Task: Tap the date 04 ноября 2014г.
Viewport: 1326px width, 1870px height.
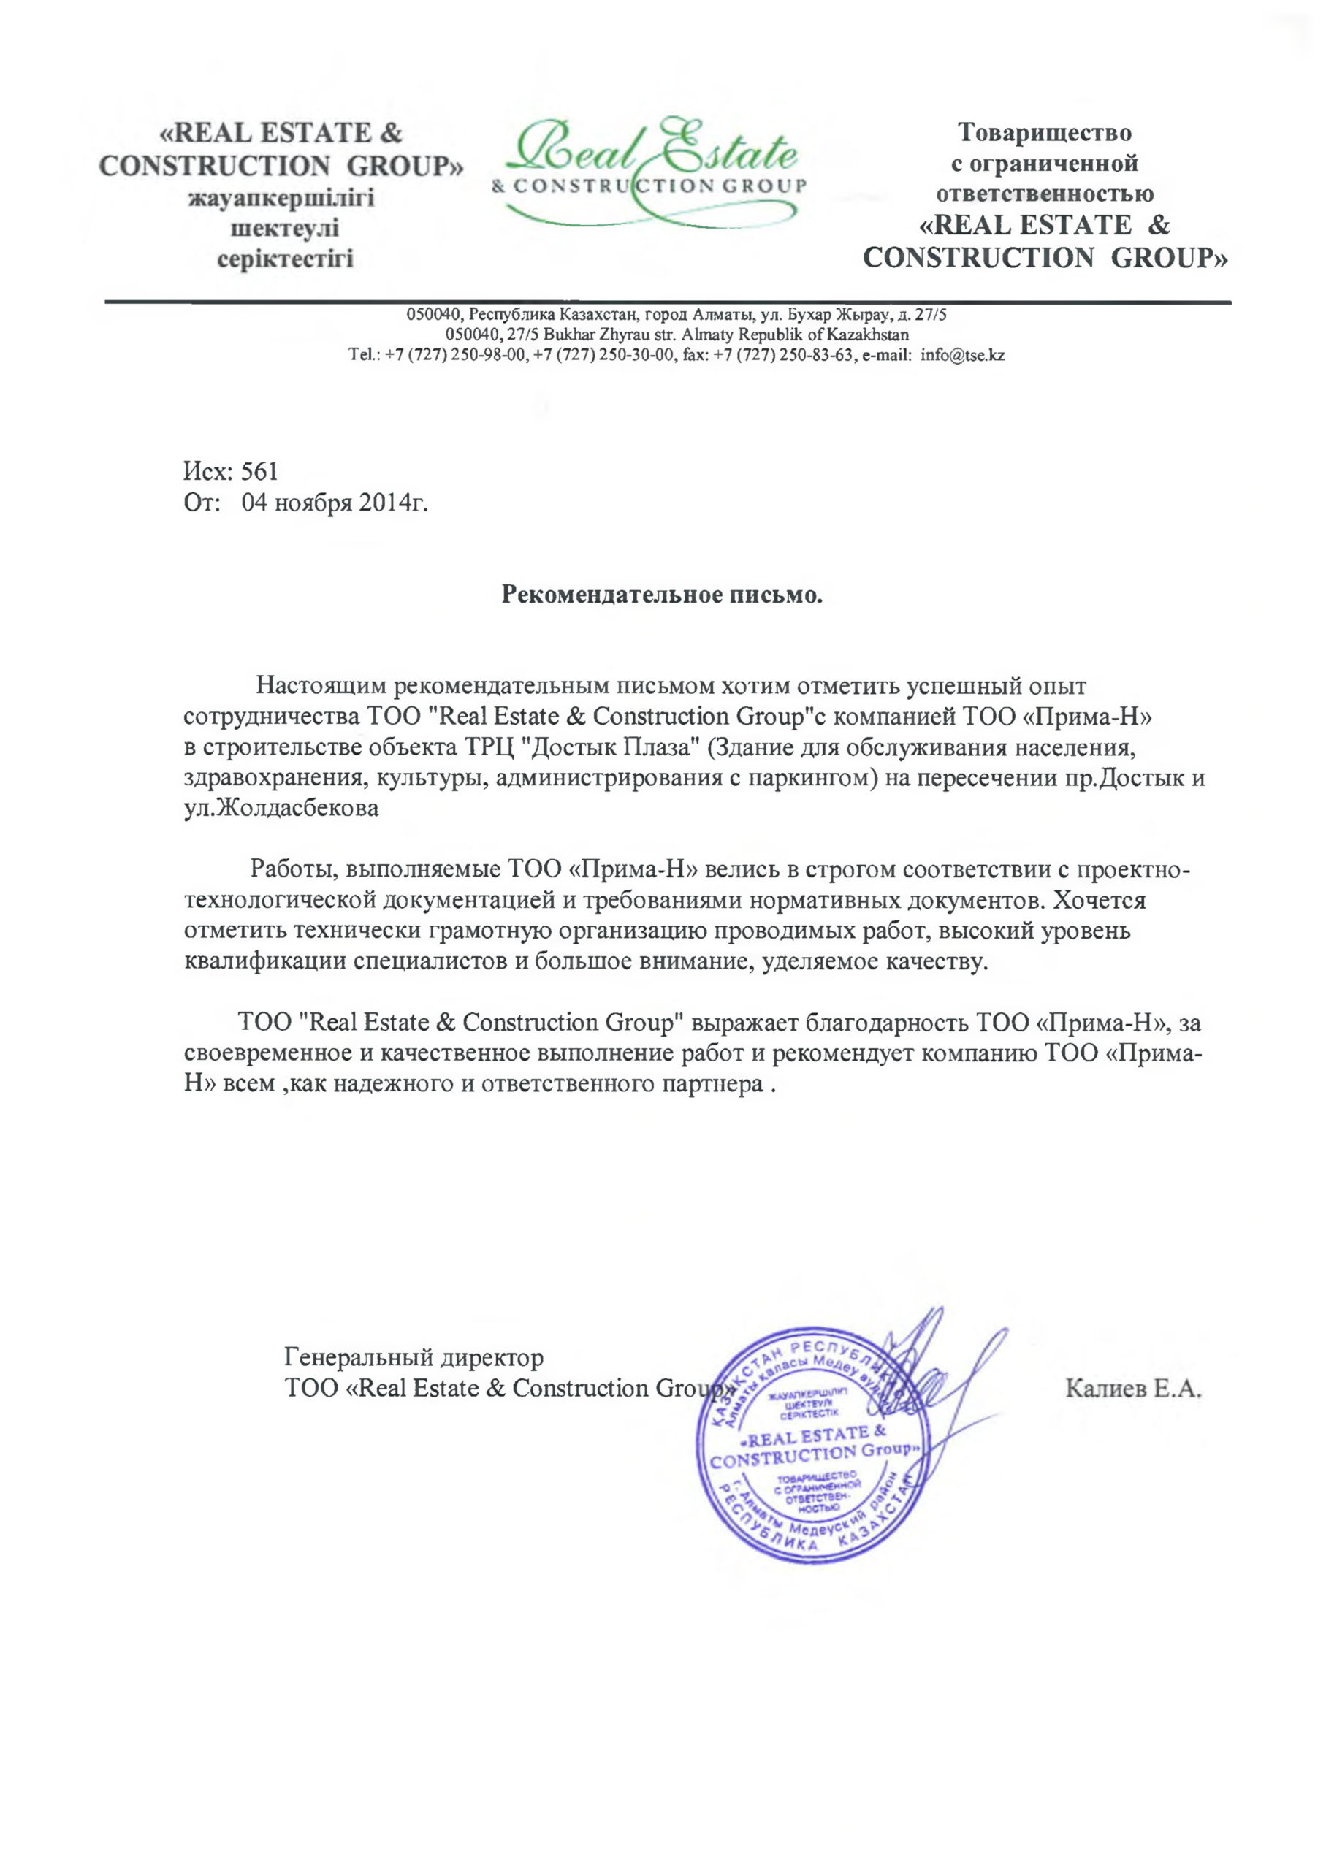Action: (x=335, y=503)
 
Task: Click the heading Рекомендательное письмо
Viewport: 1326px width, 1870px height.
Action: (x=661, y=594)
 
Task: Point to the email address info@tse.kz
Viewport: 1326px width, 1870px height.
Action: (x=962, y=355)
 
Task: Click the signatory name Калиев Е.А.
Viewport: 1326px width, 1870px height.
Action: (x=1133, y=1389)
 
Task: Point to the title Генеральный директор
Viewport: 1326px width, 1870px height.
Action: (x=414, y=1357)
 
